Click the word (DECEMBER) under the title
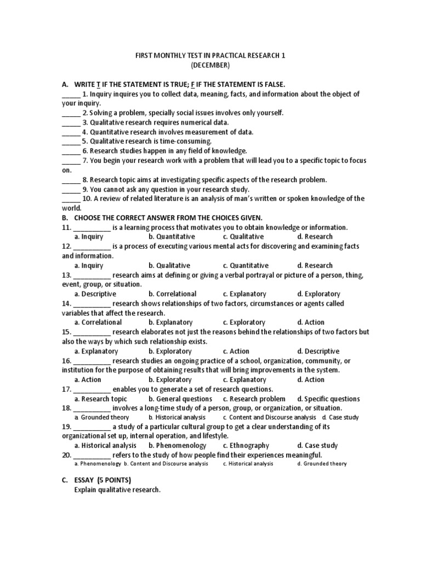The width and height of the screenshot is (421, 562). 210,65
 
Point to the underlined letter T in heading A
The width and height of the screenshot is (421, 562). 99,84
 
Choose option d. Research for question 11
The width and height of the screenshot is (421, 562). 315,237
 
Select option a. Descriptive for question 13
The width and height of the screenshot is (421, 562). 95,294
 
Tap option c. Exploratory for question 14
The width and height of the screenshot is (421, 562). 244,322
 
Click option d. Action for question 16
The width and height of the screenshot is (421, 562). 310,379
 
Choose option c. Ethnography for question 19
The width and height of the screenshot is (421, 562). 246,446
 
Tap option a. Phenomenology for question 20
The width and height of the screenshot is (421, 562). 97,464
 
